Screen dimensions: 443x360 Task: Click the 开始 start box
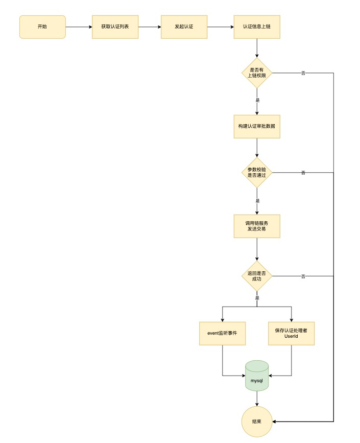42,27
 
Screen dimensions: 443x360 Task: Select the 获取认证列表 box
115,27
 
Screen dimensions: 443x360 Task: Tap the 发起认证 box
184,27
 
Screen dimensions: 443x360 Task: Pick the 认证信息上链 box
257,27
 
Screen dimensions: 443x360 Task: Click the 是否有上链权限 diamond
257,73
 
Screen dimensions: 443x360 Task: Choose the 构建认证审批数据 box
257,126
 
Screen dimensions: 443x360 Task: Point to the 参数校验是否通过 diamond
257,172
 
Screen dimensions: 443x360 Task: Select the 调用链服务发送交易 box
257,226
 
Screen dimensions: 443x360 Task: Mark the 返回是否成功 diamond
257,276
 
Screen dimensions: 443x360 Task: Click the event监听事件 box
223,333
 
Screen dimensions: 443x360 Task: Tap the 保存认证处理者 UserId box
291,333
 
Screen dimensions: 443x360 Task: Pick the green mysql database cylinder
257,376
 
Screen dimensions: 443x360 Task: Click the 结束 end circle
257,422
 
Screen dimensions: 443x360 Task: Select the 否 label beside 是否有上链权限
303,73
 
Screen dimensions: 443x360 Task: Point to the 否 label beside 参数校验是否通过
303,173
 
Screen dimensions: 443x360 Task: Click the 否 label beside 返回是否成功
303,276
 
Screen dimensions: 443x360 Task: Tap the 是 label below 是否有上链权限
257,100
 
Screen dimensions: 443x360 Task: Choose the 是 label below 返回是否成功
257,298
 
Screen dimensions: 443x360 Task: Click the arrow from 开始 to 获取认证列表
79,27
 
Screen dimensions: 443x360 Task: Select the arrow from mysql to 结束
257,399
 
